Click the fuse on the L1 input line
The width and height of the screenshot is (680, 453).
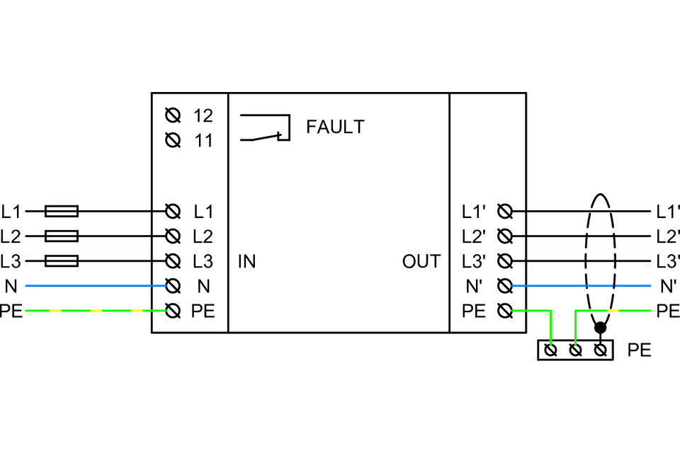pyautogui.click(x=62, y=211)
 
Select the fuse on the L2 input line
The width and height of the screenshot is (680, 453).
pyautogui.click(x=62, y=236)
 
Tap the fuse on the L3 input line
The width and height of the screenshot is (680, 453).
pyautogui.click(x=62, y=261)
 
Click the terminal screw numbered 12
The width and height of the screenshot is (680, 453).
pyautogui.click(x=171, y=115)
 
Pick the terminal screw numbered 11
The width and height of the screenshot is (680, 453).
pyautogui.click(x=171, y=140)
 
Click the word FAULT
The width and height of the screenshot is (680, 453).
pyautogui.click(x=335, y=127)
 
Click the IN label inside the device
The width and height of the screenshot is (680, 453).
pyautogui.click(x=246, y=262)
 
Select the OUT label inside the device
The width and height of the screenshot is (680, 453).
pyautogui.click(x=421, y=262)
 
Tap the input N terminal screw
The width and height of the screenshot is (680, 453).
pyautogui.click(x=171, y=286)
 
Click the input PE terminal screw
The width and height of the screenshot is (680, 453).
pyautogui.click(x=171, y=311)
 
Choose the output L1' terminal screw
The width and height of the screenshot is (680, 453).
pyautogui.click(x=505, y=211)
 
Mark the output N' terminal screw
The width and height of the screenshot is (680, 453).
pyautogui.click(x=505, y=286)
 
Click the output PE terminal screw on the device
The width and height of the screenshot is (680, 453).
pyautogui.click(x=505, y=311)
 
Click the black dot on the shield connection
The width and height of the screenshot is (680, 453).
pyautogui.click(x=601, y=328)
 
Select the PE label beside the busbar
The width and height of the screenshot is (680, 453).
pyautogui.click(x=639, y=350)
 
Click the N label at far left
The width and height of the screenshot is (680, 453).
pyautogui.click(x=10, y=286)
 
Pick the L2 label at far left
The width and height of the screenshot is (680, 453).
pyautogui.click(x=11, y=236)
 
